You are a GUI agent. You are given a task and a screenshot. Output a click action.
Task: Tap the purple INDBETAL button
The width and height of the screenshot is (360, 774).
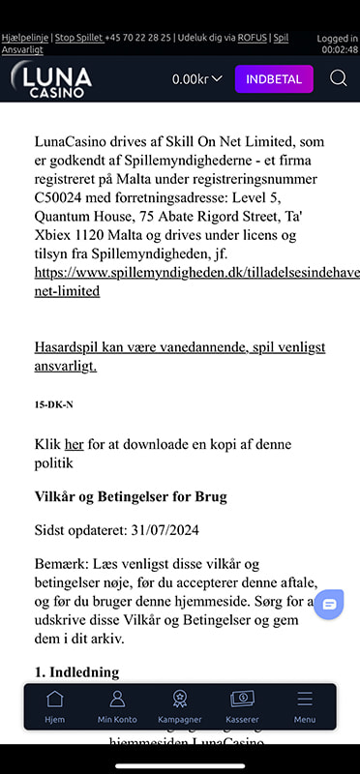click(x=274, y=78)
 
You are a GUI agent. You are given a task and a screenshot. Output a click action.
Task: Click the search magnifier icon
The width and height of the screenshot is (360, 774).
click(x=338, y=78)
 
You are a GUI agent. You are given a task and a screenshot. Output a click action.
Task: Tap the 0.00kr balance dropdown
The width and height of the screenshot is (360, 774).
click(x=197, y=78)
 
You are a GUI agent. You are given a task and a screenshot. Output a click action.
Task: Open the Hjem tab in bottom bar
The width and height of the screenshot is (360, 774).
click(x=55, y=706)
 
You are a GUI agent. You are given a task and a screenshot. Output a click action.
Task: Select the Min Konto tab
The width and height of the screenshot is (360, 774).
click(x=117, y=706)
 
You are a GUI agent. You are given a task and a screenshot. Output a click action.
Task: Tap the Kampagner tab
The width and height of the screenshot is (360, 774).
click(x=179, y=706)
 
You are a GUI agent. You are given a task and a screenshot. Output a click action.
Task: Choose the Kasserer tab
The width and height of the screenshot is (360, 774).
click(x=242, y=706)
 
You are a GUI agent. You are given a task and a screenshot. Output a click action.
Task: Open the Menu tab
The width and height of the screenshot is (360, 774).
click(x=305, y=706)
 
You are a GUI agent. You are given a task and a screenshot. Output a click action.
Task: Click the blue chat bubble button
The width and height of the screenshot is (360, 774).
click(x=329, y=604)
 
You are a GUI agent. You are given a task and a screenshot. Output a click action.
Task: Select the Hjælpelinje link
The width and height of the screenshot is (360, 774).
click(x=24, y=38)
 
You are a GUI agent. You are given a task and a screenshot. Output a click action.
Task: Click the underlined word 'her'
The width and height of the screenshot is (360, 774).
click(x=75, y=444)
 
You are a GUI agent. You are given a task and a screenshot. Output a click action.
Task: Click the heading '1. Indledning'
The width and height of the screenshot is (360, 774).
click(x=76, y=671)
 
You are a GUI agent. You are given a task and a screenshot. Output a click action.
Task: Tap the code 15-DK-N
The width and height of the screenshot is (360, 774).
click(x=53, y=404)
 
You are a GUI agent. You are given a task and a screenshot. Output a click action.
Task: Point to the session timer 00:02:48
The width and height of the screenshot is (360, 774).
click(x=340, y=48)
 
